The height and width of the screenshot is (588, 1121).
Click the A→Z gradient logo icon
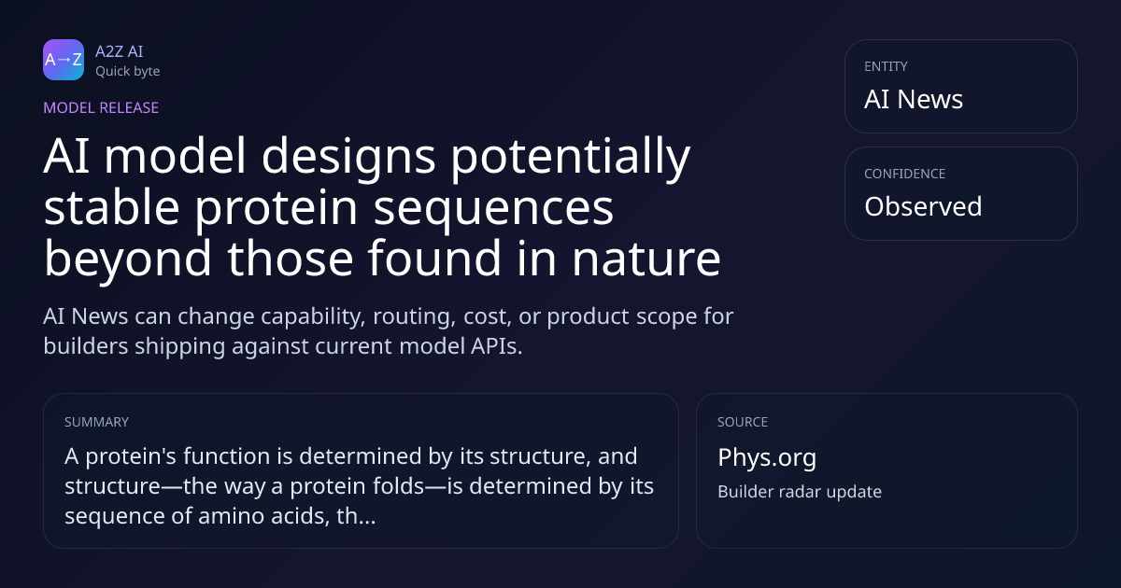(x=64, y=60)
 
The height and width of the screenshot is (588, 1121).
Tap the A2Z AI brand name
(x=120, y=51)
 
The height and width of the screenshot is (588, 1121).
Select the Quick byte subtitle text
(x=128, y=72)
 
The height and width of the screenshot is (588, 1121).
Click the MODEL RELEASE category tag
(x=101, y=108)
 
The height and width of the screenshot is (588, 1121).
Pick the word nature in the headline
(x=646, y=259)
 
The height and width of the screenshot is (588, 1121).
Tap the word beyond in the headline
(x=128, y=259)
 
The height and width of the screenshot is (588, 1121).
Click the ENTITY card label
(x=886, y=66)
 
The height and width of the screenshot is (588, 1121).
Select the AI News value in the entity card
(x=914, y=99)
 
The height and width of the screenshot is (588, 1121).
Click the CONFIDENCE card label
(x=905, y=174)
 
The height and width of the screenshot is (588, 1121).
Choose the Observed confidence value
(x=923, y=206)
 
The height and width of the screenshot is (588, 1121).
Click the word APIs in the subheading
(x=496, y=346)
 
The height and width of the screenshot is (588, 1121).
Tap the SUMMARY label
(x=96, y=422)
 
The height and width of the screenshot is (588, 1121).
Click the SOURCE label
(x=743, y=422)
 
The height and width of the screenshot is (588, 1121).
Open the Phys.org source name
(x=767, y=458)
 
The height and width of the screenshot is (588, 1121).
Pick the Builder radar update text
(x=800, y=492)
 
